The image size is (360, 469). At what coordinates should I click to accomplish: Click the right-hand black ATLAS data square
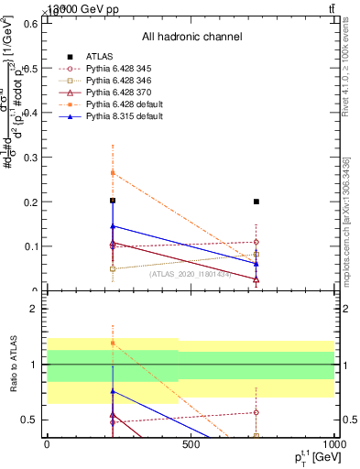coord(256,202)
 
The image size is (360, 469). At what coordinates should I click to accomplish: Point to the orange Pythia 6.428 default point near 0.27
coord(113,172)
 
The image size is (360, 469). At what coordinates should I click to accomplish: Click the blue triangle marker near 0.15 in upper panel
coord(113,225)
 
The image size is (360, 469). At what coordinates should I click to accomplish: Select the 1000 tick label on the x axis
coord(333,444)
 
